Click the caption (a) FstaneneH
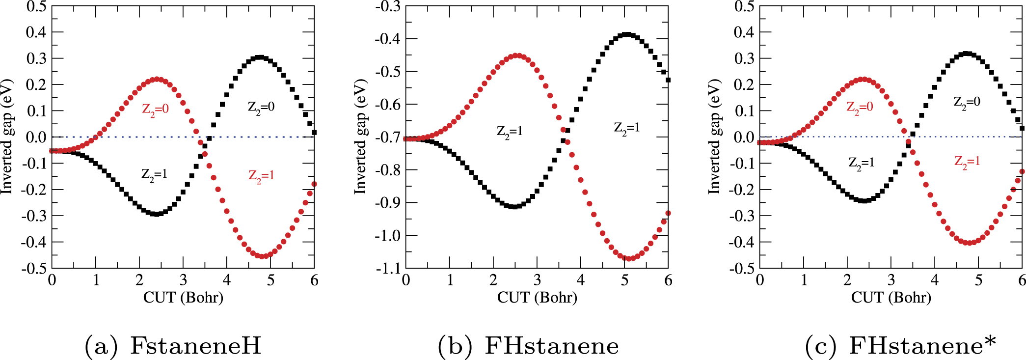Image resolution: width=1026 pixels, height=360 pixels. tap(173, 345)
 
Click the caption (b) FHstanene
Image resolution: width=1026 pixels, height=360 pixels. tap(528, 345)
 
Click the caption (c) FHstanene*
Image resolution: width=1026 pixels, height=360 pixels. tap(900, 345)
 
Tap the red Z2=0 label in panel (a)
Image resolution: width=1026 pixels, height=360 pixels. tap(155, 109)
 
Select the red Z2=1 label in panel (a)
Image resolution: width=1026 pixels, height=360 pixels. tap(261, 175)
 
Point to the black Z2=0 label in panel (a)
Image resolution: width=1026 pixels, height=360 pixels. tap(261, 107)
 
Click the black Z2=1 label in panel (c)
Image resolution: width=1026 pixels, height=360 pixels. tap(861, 163)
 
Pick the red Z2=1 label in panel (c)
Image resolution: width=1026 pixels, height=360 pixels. tap(967, 161)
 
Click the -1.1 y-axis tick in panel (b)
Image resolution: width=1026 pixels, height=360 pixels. tap(388, 268)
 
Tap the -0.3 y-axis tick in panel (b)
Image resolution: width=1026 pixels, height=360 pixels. tap(388, 6)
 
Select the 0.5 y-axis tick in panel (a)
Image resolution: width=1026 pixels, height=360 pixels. tap(36, 6)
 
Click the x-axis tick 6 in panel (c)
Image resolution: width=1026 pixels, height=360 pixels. tap(1022, 280)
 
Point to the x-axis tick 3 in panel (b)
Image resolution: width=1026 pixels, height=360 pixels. tap(537, 280)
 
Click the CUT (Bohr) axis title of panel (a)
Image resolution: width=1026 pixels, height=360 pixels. tap(183, 298)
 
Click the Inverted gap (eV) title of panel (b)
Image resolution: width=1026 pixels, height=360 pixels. tap(361, 137)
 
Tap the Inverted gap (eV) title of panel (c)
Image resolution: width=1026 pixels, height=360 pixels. tap(714, 137)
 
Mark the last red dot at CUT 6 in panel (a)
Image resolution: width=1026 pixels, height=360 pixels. tap(314, 184)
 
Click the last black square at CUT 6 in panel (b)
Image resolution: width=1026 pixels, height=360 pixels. tap(668, 80)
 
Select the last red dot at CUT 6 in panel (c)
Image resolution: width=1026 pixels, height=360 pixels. tap(1022, 171)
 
